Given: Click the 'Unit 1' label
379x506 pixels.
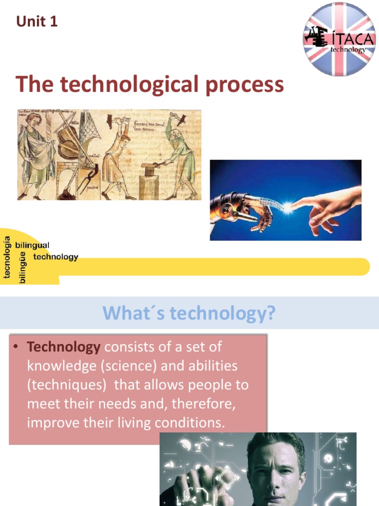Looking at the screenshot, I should coord(37,22).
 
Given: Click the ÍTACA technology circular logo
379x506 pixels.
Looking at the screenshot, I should coord(339,40).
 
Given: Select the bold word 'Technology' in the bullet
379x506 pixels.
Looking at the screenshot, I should coord(64,347).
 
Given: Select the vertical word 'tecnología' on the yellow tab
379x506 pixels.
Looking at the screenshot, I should coord(7,257).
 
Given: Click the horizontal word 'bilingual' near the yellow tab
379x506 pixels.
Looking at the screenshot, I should coord(33,245).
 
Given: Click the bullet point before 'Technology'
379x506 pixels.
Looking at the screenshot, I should coord(16,347).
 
